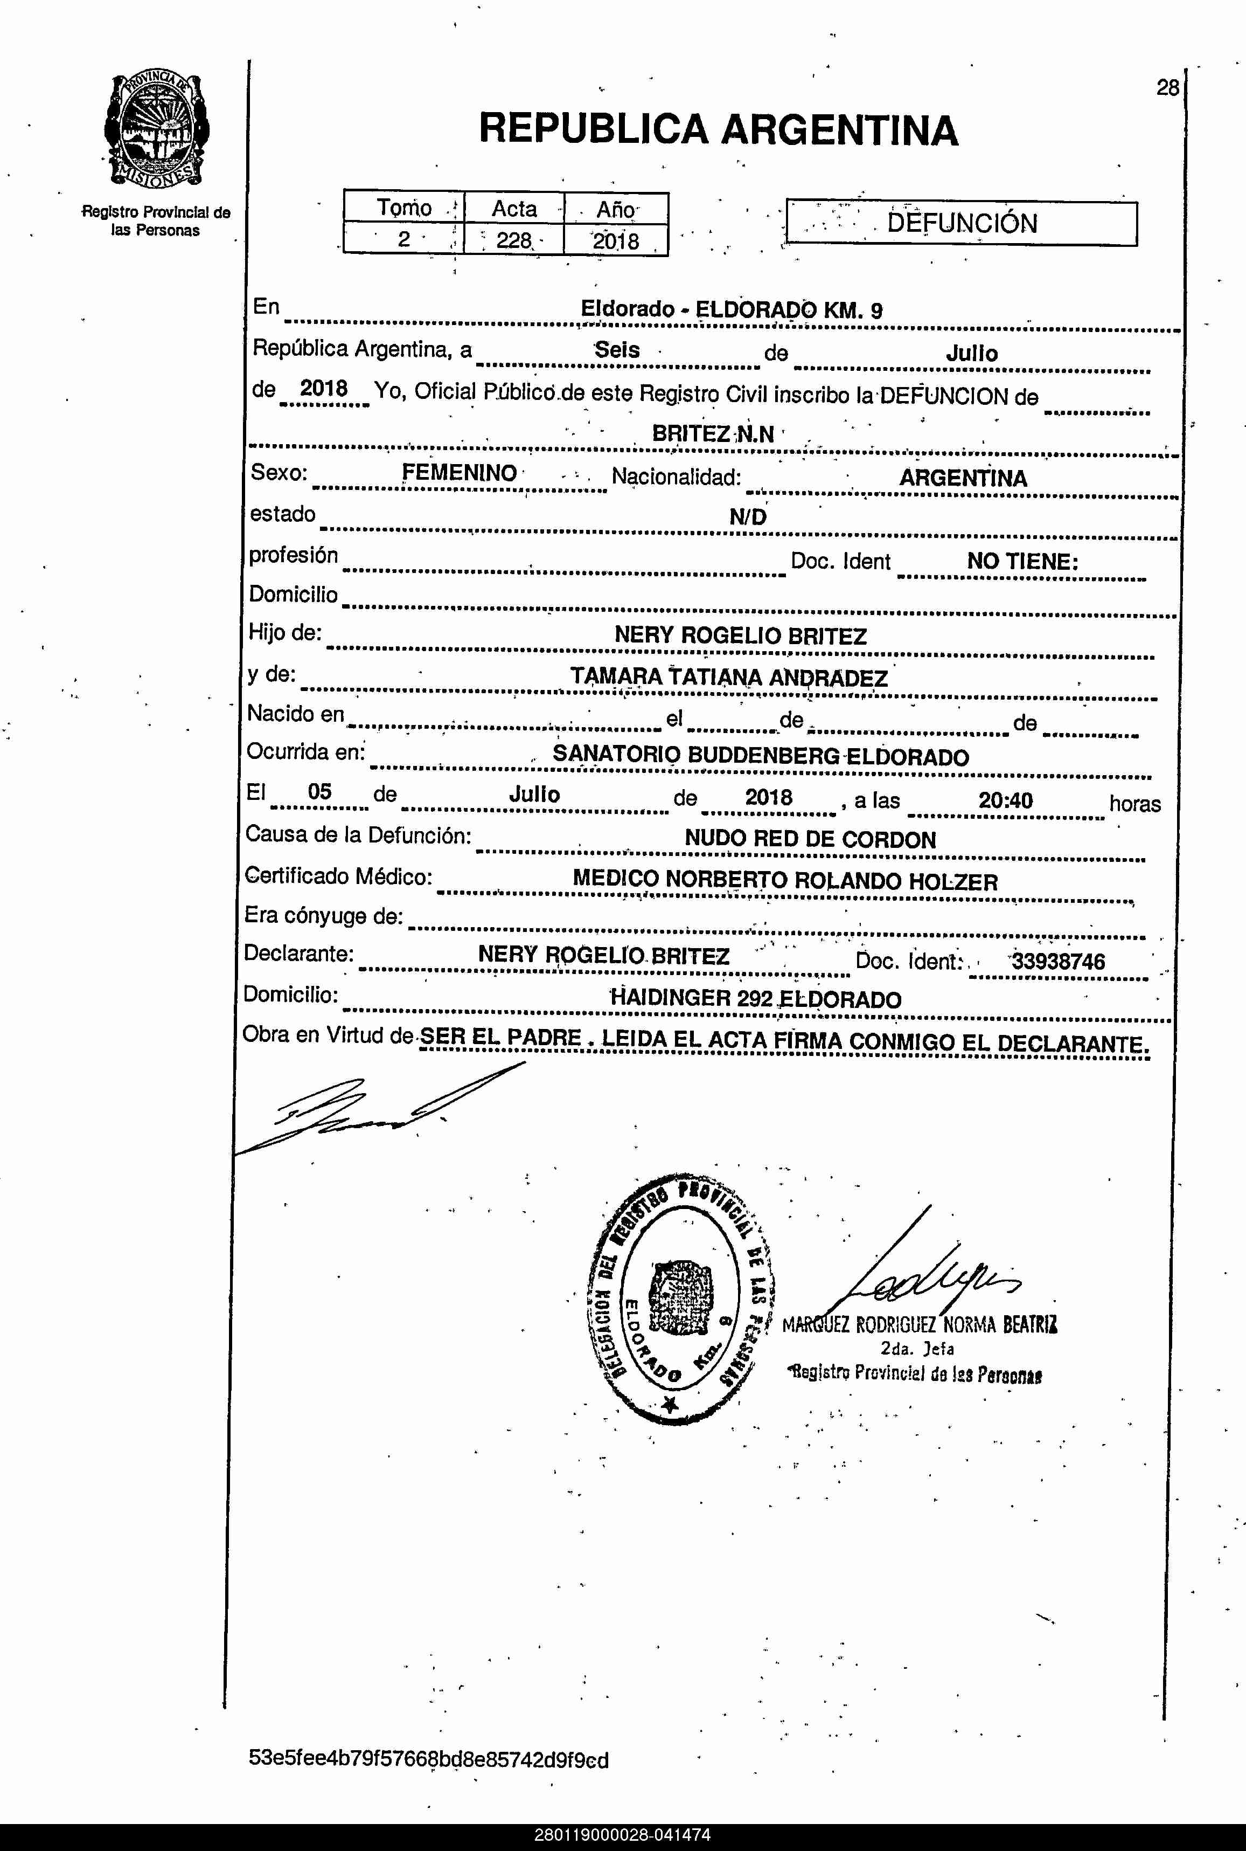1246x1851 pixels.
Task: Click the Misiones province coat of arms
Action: click(157, 131)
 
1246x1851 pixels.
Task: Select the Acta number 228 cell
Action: click(513, 239)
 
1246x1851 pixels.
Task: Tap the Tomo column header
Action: click(403, 208)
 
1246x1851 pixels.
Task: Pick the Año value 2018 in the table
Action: click(615, 240)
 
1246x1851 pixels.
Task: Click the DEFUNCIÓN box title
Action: click(962, 223)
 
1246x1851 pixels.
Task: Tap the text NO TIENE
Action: click(1022, 561)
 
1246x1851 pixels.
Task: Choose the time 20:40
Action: click(1005, 800)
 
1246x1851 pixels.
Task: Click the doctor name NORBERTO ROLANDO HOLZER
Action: click(831, 881)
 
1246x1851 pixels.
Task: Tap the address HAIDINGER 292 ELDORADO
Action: click(755, 999)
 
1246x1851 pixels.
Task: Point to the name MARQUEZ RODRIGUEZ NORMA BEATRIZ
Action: click(920, 1324)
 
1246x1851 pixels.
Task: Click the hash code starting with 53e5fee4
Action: click(428, 1759)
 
